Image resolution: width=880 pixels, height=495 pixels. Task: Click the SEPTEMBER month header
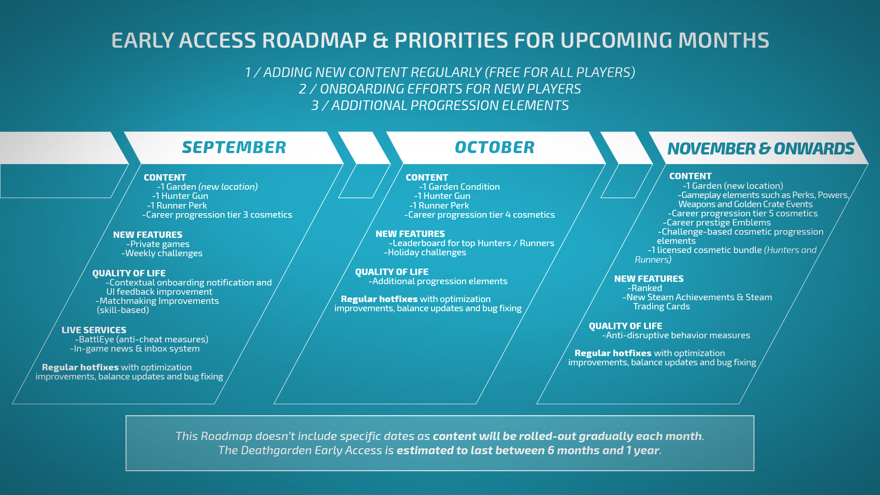pos(234,148)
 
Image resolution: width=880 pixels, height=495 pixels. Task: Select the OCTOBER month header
pos(495,148)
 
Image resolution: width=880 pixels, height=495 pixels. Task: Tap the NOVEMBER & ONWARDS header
pos(761,148)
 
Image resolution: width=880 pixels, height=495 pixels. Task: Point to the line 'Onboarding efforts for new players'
pos(440,89)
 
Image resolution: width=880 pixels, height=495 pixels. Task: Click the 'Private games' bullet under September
pos(158,244)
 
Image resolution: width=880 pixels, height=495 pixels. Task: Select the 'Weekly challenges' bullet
pos(162,253)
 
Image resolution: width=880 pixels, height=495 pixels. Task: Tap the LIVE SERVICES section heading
pos(94,330)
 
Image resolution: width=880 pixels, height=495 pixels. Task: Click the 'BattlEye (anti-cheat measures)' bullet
pos(142,340)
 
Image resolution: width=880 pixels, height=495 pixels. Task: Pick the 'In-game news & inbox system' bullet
pos(135,349)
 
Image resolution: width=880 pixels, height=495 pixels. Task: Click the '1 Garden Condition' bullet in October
pos(459,187)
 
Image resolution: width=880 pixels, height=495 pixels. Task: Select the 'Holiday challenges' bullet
pos(425,253)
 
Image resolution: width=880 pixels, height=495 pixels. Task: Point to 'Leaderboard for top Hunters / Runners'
pos(472,243)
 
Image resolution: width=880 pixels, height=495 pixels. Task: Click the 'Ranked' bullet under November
pos(645,288)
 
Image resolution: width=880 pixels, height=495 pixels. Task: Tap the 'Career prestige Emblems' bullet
pos(717,223)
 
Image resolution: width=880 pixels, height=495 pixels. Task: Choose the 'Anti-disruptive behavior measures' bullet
pos(676,335)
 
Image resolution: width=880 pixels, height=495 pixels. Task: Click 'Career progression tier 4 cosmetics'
pos(479,215)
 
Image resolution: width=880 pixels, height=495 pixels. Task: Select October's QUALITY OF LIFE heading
pos(392,272)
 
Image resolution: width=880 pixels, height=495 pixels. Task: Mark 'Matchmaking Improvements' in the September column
pos(157,301)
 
